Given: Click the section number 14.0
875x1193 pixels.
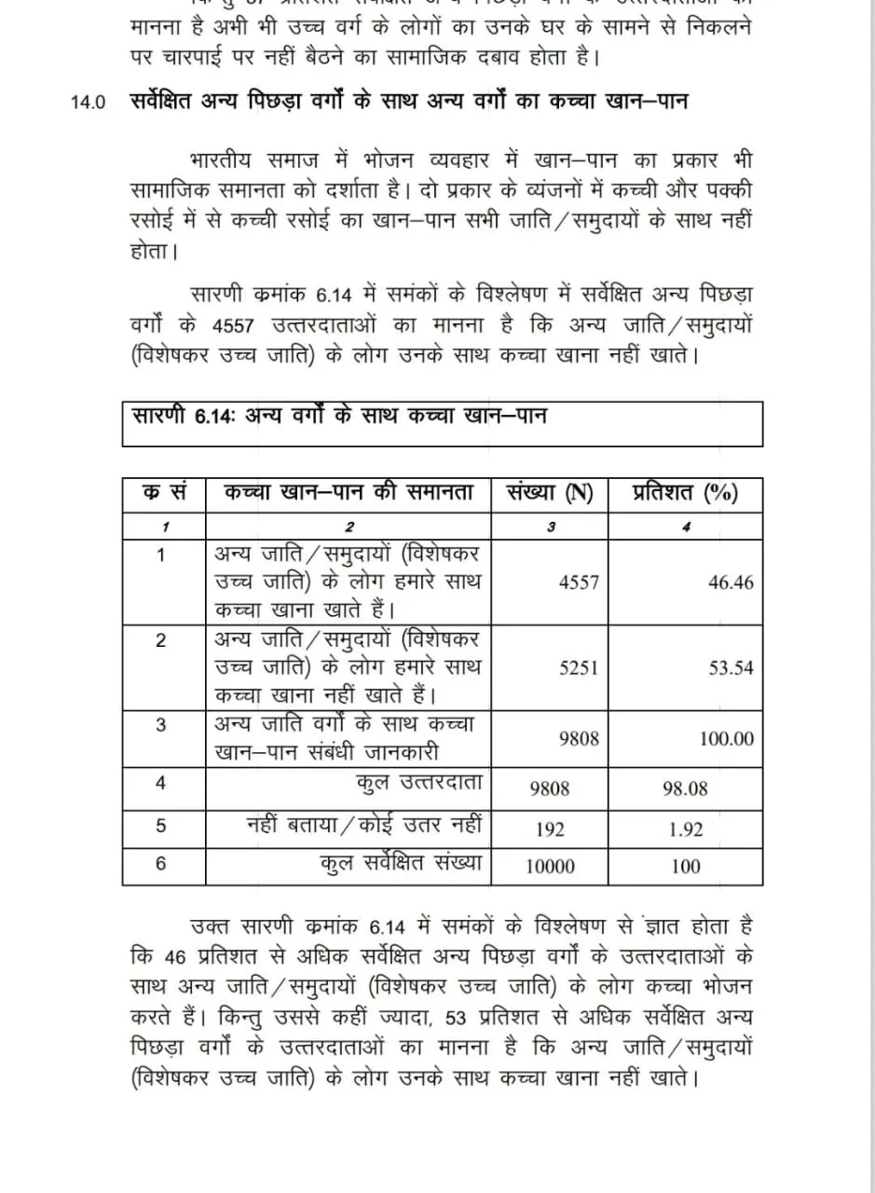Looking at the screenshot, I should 89,103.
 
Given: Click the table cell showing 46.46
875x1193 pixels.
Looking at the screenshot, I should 731,583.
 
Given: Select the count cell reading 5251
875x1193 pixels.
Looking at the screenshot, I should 579,668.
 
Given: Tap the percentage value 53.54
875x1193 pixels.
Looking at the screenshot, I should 731,668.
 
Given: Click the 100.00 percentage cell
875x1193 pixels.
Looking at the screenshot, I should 727,739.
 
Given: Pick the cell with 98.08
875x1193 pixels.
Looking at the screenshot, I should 685,788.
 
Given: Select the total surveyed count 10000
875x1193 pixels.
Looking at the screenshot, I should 550,866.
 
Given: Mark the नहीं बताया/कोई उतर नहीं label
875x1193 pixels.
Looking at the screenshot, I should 364,825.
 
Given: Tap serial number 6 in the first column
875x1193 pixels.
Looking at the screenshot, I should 161,863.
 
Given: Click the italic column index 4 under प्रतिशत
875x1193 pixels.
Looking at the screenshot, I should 686,526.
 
